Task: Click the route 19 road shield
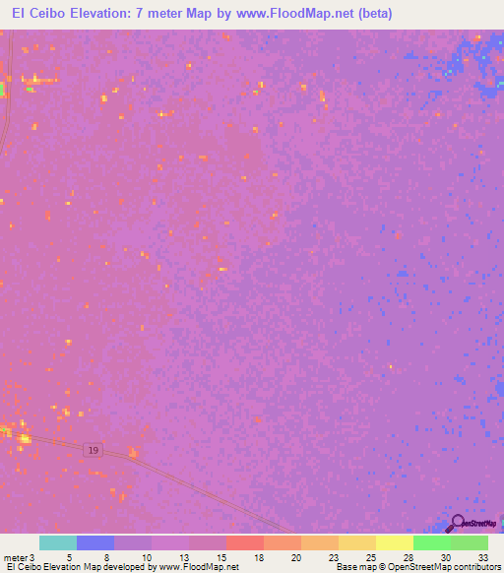coord(92,449)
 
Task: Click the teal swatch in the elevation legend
coord(58,542)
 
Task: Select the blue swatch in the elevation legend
coord(95,542)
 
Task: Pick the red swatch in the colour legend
coord(245,542)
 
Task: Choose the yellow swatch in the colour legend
coord(395,542)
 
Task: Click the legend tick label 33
coord(482,556)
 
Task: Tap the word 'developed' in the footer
coord(130,567)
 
